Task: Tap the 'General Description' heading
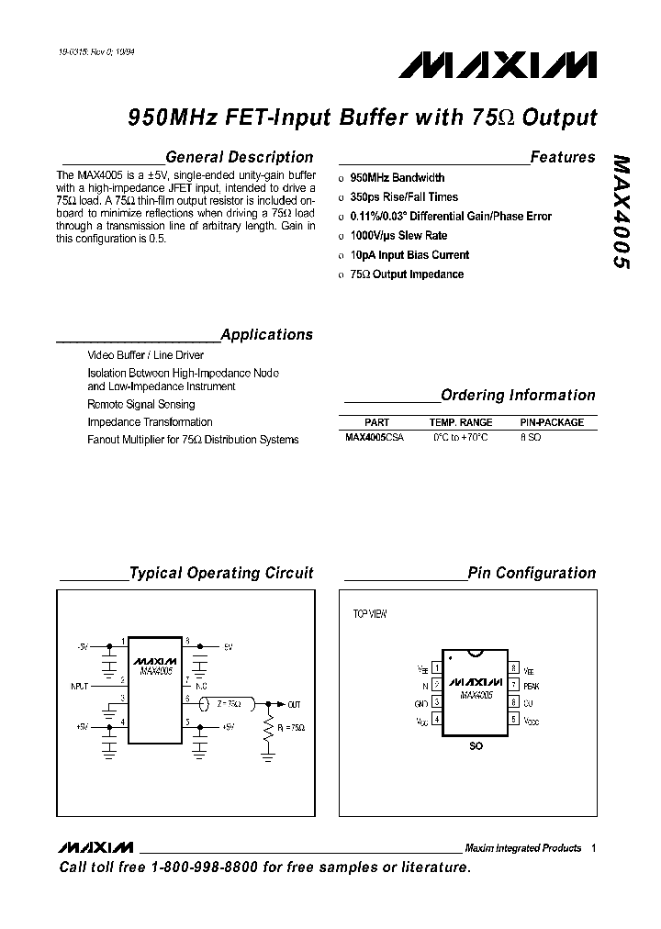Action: (x=239, y=157)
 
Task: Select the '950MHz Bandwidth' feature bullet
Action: (x=398, y=178)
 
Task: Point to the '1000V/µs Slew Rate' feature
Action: (x=398, y=236)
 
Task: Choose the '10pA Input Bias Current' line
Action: (x=409, y=255)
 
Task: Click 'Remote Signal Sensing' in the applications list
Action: (x=141, y=404)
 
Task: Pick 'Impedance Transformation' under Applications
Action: (x=150, y=422)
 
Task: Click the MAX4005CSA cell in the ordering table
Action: (x=374, y=439)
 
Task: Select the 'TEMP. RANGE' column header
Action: (x=461, y=422)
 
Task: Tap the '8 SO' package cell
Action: (x=531, y=439)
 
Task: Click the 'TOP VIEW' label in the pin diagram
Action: (x=370, y=614)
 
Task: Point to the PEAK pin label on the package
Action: (x=532, y=685)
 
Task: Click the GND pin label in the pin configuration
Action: (x=422, y=702)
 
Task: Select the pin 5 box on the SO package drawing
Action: (x=515, y=720)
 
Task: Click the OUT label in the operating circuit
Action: (x=294, y=704)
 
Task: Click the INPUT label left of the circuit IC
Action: (x=81, y=685)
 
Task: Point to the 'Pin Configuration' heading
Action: (x=532, y=573)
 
